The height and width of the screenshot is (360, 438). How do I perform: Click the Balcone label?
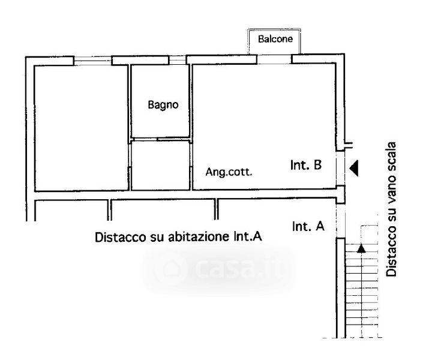click(275, 40)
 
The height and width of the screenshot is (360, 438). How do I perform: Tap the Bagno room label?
click(163, 104)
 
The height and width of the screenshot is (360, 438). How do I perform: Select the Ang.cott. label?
click(229, 172)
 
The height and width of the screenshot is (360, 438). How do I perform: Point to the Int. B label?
click(308, 166)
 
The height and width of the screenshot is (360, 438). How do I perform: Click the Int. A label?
click(308, 227)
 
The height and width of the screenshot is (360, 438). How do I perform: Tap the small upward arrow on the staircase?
click(361, 247)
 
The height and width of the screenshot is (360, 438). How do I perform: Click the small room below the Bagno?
click(160, 165)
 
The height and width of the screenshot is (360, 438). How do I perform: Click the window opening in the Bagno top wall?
click(177, 60)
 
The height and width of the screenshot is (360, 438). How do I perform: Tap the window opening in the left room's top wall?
click(92, 60)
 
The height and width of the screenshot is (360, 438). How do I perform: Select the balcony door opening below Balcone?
click(275, 59)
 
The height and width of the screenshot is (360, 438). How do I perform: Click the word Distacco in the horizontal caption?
click(116, 237)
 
